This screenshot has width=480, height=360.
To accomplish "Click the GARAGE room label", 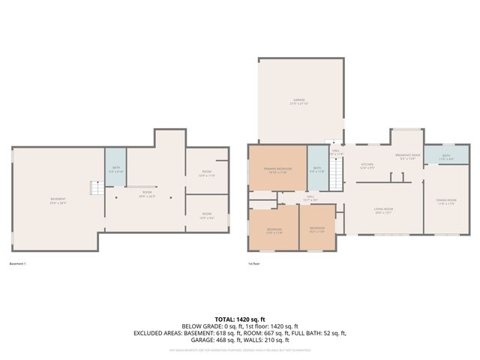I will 299,100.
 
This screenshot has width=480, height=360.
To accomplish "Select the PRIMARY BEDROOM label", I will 277,170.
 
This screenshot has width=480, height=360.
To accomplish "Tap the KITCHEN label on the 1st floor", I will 367,166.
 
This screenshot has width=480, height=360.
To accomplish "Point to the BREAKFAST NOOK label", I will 408,157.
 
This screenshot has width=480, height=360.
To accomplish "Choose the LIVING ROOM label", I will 383,211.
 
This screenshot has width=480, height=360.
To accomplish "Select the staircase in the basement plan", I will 96,188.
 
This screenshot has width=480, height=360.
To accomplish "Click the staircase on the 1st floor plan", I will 337,175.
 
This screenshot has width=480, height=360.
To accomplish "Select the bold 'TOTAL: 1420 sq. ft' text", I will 240,319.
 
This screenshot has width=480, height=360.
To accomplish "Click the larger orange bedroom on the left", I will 274,229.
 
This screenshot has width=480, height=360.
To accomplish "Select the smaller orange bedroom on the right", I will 317,228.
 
